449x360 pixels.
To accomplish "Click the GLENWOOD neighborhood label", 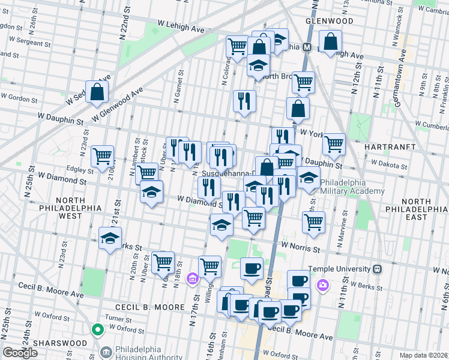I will [x=329, y=20].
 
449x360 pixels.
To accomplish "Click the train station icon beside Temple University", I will [x=377, y=269].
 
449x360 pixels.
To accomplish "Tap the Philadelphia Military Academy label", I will [x=352, y=187].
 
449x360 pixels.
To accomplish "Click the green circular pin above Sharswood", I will [x=97, y=329].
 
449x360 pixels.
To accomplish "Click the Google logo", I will [x=20, y=353].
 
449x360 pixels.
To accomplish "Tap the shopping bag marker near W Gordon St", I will [x=97, y=92].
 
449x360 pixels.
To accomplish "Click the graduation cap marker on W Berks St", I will [x=110, y=238].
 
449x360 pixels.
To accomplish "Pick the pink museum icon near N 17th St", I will [x=192, y=278].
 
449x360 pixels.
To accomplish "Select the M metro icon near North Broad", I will [x=307, y=47].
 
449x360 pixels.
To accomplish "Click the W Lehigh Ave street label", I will [x=181, y=28].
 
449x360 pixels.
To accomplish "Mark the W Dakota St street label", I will [x=390, y=163].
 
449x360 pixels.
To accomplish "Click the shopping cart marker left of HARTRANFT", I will [x=334, y=144].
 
